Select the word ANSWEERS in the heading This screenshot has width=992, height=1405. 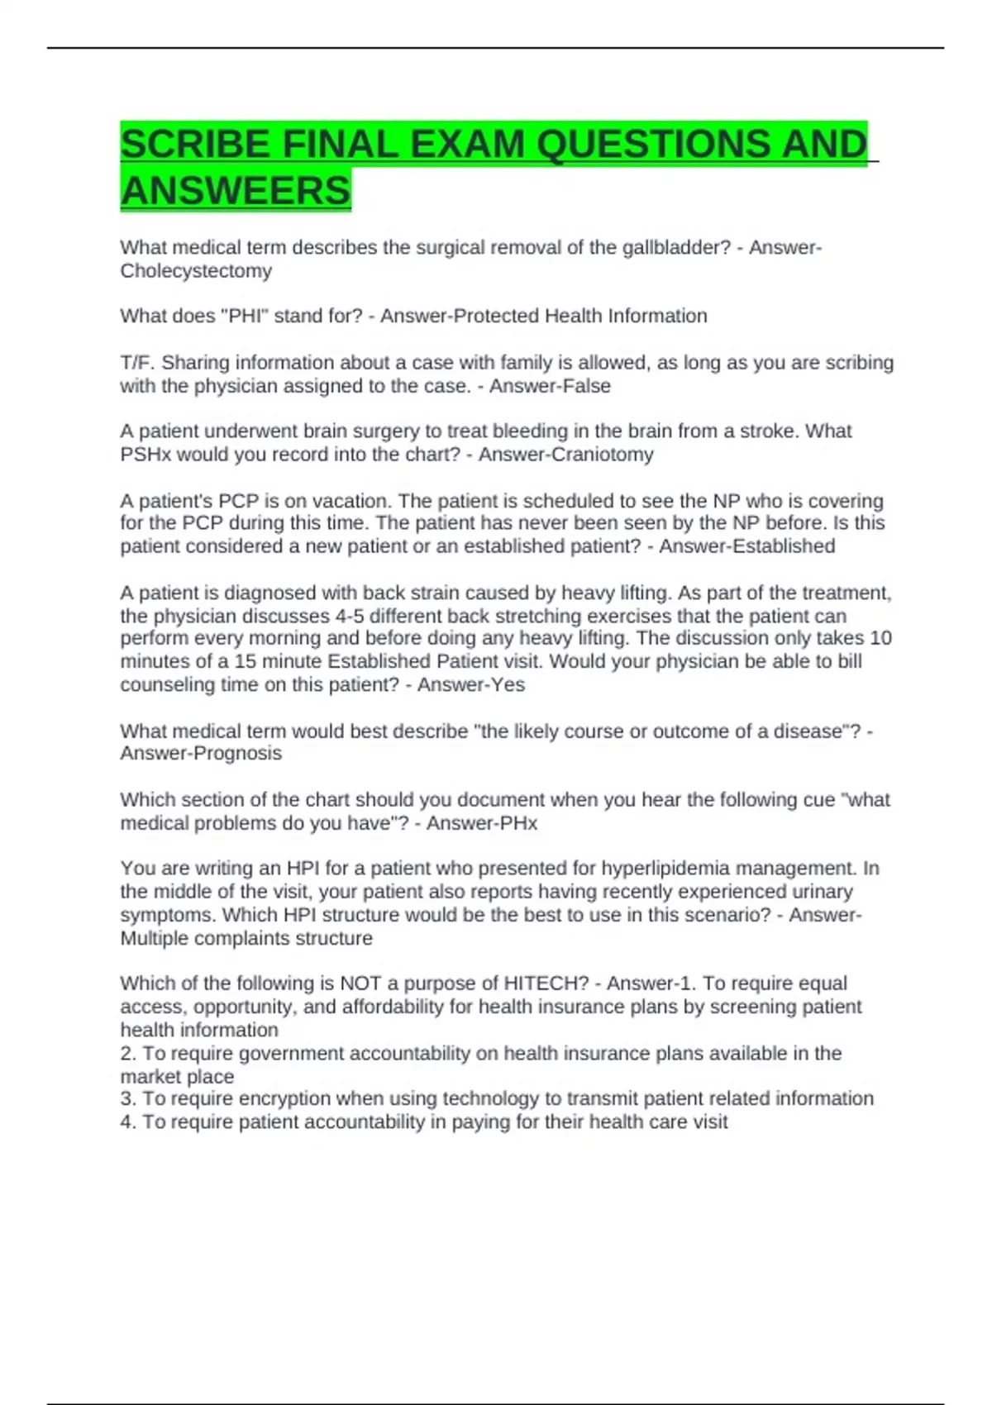click(x=236, y=191)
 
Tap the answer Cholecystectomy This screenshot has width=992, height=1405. click(x=196, y=271)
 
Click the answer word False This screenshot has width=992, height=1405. click(x=584, y=386)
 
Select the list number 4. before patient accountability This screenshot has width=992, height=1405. click(x=128, y=1122)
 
